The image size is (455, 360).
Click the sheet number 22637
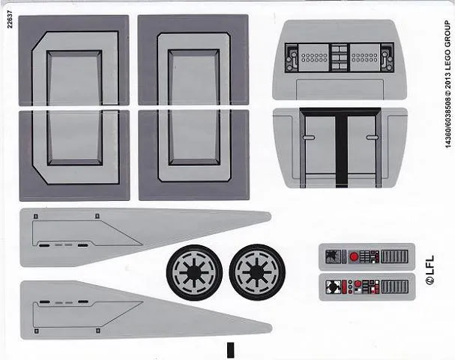[x=10, y=19]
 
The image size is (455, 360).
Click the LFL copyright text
[x=430, y=270]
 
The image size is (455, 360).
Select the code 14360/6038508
[x=448, y=123]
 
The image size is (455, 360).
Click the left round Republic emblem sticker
[x=194, y=272]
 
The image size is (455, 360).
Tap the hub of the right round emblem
[x=257, y=272]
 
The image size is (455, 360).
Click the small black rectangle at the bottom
[x=231, y=349]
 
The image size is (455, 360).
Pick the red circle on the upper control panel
[x=354, y=256]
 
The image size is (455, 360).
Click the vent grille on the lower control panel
[x=394, y=286]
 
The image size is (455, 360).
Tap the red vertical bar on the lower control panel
[x=345, y=286]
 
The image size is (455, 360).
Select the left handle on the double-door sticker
[x=309, y=137]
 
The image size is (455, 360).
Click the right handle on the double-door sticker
[x=372, y=137]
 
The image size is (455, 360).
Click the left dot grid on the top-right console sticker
[x=314, y=58]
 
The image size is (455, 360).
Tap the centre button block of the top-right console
[x=340, y=58]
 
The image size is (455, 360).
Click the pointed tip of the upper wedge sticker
[x=271, y=217]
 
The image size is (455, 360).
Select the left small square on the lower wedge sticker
[x=36, y=331]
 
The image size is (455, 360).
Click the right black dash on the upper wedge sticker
[x=83, y=245]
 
